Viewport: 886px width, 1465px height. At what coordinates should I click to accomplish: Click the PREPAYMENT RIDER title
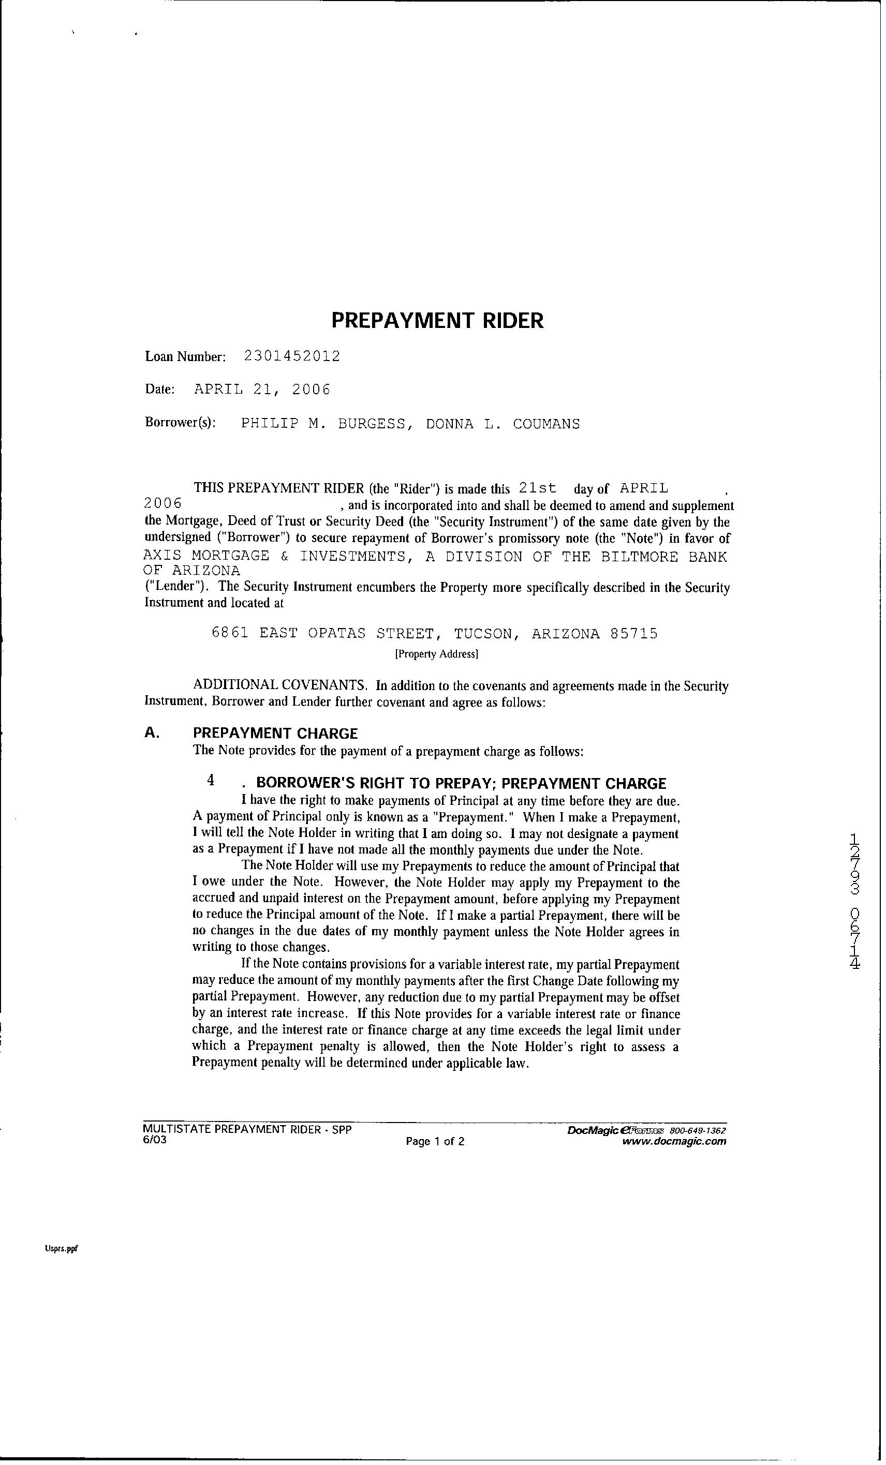coord(437,321)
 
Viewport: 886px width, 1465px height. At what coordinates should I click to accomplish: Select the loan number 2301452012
coord(292,356)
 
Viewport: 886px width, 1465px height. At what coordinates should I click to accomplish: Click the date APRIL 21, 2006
coord(262,390)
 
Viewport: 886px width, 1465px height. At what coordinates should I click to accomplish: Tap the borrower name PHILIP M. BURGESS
coord(324,424)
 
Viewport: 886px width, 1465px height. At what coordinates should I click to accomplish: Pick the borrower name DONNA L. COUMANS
coord(503,424)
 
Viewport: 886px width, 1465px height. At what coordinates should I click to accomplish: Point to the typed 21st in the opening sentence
coord(538,488)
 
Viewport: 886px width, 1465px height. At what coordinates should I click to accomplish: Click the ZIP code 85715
coord(634,634)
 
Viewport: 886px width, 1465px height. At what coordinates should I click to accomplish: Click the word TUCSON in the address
coord(484,634)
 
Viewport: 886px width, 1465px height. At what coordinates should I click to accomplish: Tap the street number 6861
coord(230,634)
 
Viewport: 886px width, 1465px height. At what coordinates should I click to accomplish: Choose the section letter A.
coord(152,733)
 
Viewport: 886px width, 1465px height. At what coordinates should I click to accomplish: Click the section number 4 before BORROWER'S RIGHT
coord(211,780)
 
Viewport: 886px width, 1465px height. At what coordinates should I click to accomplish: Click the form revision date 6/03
coord(155,1140)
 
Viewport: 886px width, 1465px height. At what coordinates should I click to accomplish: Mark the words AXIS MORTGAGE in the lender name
coord(206,557)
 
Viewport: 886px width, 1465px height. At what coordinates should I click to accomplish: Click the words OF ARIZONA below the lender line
coord(192,571)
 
